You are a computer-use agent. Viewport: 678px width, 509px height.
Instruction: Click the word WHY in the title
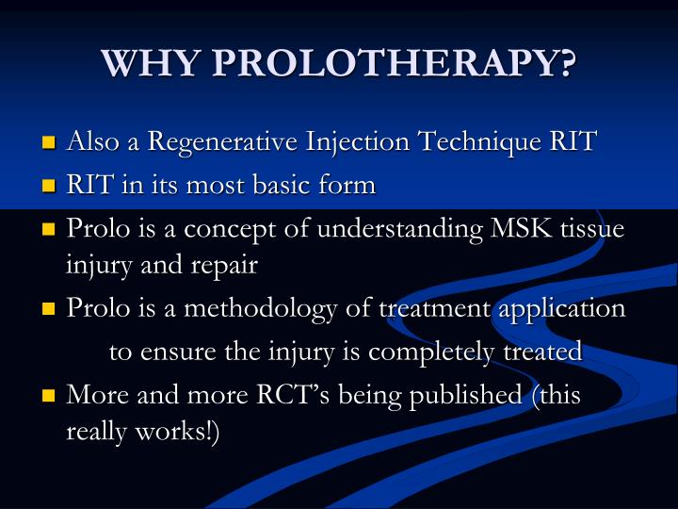click(152, 64)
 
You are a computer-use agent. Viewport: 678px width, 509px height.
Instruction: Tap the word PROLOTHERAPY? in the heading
click(395, 64)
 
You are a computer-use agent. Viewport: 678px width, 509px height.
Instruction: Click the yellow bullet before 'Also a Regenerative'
click(49, 144)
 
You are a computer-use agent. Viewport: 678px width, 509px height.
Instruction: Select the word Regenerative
click(225, 142)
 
